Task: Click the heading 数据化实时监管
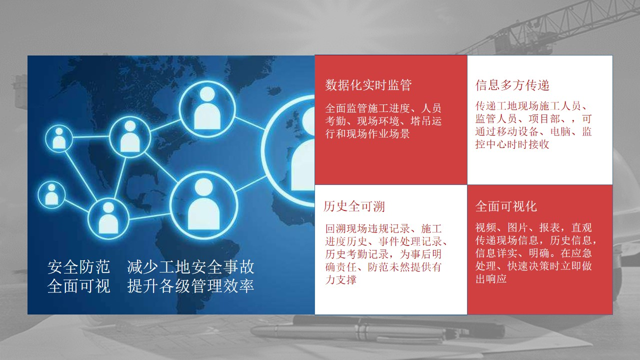click(368, 85)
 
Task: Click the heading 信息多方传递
click(512, 85)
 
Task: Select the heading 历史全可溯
click(354, 206)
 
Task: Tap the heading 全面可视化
click(506, 206)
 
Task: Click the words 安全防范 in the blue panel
click(78, 267)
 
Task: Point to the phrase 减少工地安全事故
click(190, 267)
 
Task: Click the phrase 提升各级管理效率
click(190, 285)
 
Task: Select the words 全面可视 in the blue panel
click(78, 285)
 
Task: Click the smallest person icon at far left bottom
click(51, 195)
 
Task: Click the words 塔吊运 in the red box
click(426, 121)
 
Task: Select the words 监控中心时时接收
click(512, 144)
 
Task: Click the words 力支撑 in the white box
click(340, 279)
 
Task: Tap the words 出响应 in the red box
click(491, 278)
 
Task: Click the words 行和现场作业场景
click(367, 133)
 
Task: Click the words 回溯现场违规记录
click(367, 228)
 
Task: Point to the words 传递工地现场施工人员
click(528, 106)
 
